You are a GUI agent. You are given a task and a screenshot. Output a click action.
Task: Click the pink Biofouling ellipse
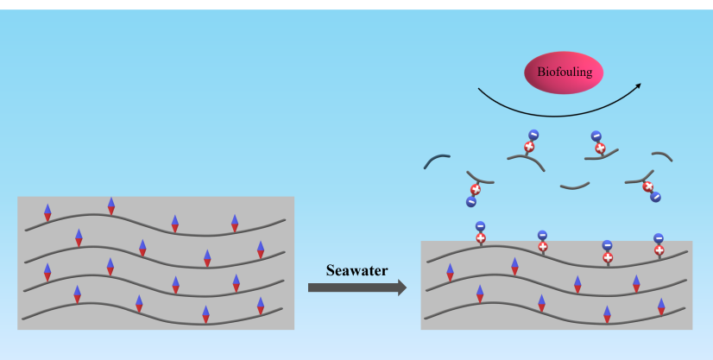pos(564,73)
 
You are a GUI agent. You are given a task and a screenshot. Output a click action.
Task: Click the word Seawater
pos(356,269)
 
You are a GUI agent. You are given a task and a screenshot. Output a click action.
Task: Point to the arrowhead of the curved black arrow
pos(638,85)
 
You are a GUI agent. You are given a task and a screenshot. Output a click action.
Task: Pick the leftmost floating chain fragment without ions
pos(436,161)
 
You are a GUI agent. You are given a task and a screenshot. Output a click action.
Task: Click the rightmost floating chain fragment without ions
pos(662,156)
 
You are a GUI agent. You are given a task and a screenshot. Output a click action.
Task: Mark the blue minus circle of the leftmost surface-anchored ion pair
pos(480,226)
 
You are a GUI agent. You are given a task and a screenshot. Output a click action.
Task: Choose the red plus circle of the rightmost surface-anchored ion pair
pos(659,250)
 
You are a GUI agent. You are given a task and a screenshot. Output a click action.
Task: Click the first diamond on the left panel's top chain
pos(47,212)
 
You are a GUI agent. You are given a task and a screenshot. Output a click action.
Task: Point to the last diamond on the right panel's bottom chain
pos(661,306)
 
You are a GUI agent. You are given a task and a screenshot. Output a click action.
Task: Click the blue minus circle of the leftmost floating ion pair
pos(471,202)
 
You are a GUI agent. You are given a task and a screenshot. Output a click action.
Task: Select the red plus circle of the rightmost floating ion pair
pos(648,186)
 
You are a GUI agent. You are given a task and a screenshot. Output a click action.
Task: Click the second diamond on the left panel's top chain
pos(110,206)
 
